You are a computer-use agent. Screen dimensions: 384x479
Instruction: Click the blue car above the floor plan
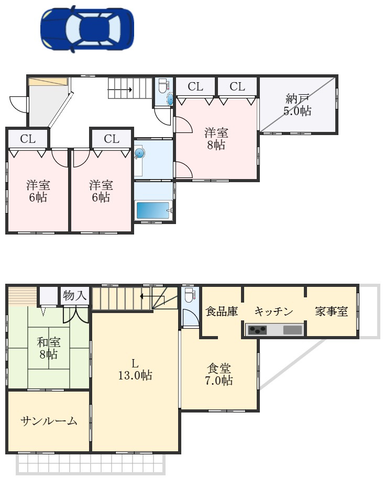(87, 29)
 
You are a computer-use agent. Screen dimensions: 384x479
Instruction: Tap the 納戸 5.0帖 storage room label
(297, 105)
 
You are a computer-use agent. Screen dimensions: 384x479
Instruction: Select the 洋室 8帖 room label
(216, 139)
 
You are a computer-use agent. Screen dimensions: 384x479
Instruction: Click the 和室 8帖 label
(48, 348)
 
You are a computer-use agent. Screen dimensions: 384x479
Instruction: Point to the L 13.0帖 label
(135, 370)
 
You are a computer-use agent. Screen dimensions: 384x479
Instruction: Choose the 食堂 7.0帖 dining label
(218, 374)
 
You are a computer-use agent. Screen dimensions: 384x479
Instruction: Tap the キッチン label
(273, 311)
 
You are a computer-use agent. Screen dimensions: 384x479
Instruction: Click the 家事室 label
(332, 311)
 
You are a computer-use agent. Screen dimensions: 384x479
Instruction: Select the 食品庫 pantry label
(222, 311)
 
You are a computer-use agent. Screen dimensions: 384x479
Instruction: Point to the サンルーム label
(49, 421)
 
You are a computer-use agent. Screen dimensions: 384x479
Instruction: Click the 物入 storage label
(74, 295)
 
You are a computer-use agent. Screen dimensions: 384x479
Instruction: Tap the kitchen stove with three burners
(257, 330)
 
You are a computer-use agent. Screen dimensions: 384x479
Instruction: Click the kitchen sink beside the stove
(293, 330)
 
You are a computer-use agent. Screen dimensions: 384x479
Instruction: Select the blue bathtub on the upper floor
(153, 210)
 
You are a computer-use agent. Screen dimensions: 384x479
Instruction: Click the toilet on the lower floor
(189, 295)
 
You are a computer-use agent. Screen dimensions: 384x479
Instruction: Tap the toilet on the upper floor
(163, 86)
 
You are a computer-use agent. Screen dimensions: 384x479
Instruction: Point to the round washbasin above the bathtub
(139, 153)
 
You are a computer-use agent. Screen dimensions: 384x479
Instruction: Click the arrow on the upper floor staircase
(120, 90)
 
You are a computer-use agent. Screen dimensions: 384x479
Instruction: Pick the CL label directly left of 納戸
(237, 87)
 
